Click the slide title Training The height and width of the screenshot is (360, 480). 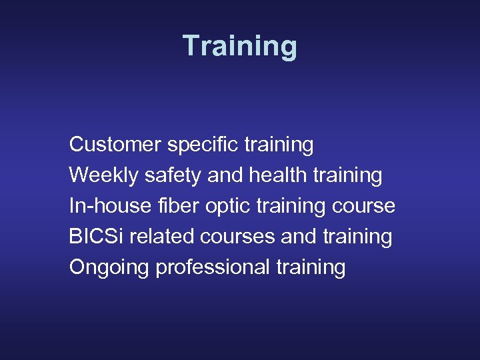pos(240,47)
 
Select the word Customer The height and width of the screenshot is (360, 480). pos(115,144)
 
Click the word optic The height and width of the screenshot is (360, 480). pos(226,206)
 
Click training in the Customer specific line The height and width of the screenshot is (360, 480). pos(279,144)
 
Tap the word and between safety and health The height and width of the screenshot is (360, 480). pos(225,175)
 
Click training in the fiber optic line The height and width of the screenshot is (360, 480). pos(291,206)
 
